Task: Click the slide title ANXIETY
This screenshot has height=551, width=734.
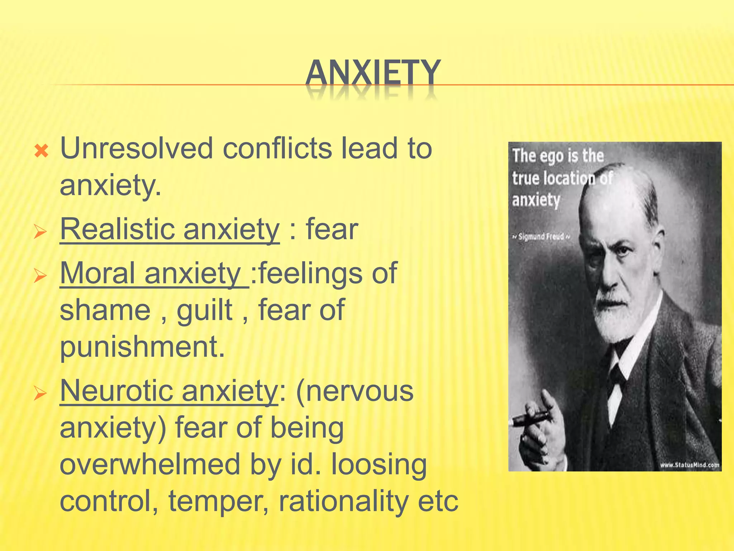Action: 373,73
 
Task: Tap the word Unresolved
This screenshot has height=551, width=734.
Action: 137,149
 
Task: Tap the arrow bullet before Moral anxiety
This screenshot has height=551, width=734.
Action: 40,276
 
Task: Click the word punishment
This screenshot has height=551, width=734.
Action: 142,347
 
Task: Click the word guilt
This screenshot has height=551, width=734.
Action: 204,310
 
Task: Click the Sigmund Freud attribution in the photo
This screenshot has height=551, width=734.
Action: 541,237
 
